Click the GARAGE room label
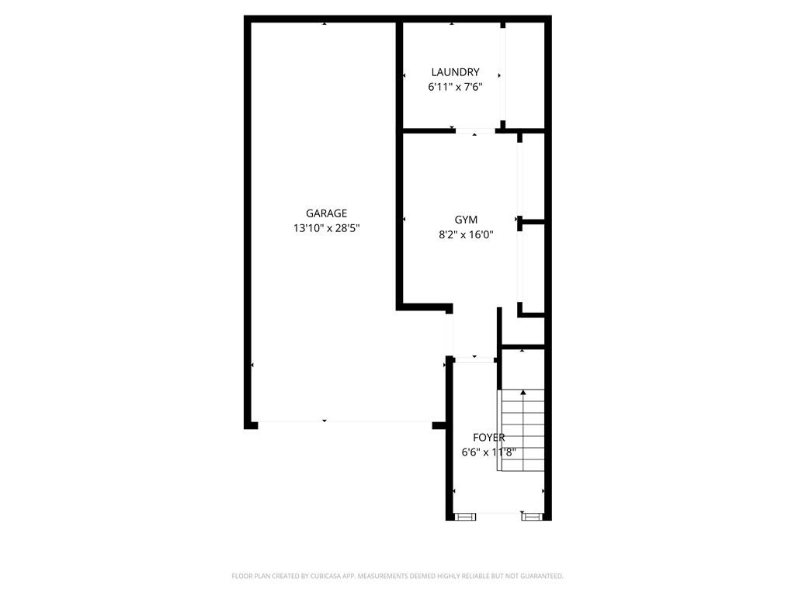pyautogui.click(x=326, y=213)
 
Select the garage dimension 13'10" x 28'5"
pyautogui.click(x=326, y=228)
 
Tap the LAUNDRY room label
pyautogui.click(x=455, y=73)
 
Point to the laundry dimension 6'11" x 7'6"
pyautogui.click(x=455, y=88)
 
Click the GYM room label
pyautogui.click(x=466, y=220)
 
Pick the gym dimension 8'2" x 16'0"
pyautogui.click(x=466, y=234)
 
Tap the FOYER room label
pyautogui.click(x=488, y=438)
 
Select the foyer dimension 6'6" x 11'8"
pyautogui.click(x=488, y=452)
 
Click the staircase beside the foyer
pyautogui.click(x=522, y=431)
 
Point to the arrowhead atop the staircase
pyautogui.click(x=522, y=393)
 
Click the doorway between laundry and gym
pyautogui.click(x=475, y=131)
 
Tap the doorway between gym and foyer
pyautogui.click(x=474, y=359)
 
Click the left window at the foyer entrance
pyautogui.click(x=465, y=515)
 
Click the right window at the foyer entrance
pyautogui.click(x=532, y=515)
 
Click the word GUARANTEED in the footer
pyautogui.click(x=536, y=576)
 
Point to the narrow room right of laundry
pyautogui.click(x=525, y=74)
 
